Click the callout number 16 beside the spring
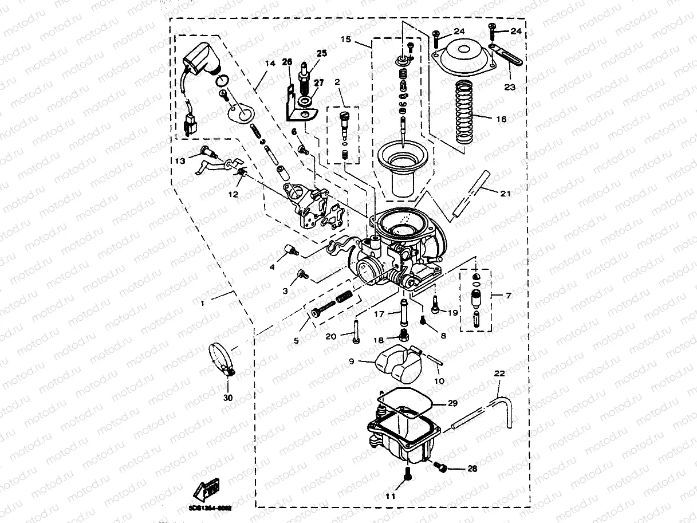[501, 120]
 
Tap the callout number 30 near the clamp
[228, 397]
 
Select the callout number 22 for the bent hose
[499, 373]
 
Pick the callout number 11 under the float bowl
[390, 496]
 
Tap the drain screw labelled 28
[442, 467]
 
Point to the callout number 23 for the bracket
[509, 87]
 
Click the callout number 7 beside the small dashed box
[508, 296]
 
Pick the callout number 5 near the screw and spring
[296, 340]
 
